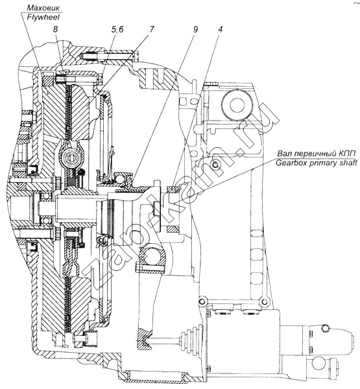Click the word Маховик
pos(43,8)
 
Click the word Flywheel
pos(43,17)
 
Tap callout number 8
pos(55,29)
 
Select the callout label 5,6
pos(117,29)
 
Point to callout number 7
pos(151,29)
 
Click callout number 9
pos(195,29)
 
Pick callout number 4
pos(221,29)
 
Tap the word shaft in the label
pos(348,163)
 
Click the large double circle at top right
pos(237,105)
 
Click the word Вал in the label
pos(284,154)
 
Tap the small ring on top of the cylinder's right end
pos(325,328)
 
